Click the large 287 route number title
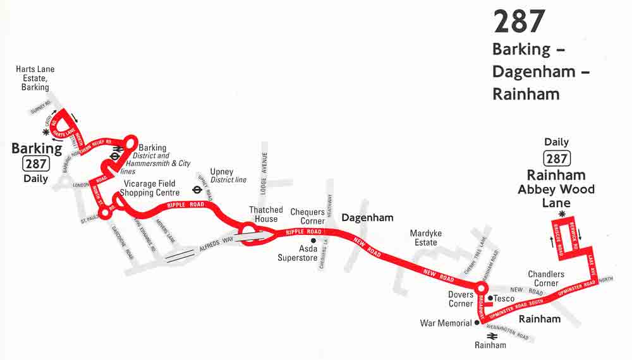(519, 21)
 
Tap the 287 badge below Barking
(36, 164)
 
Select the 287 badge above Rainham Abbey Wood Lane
(556, 159)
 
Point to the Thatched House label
(265, 215)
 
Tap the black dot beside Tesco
(490, 298)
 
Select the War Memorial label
(446, 323)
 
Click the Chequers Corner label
(308, 217)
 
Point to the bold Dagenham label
(367, 218)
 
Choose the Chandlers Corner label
(546, 279)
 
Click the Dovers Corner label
(461, 299)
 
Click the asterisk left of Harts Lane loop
(46, 133)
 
